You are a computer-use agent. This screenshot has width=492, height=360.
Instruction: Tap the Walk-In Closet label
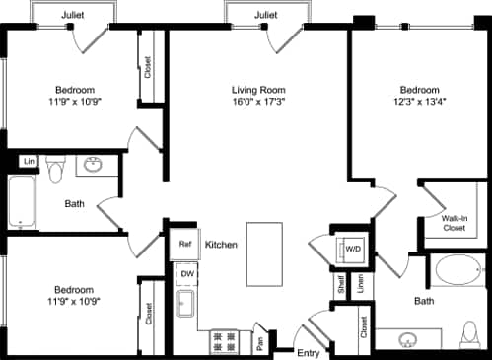pyautogui.click(x=453, y=222)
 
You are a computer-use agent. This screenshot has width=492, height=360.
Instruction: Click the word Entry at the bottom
pyautogui.click(x=309, y=351)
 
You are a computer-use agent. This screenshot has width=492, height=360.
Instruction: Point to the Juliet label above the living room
pyautogui.click(x=264, y=16)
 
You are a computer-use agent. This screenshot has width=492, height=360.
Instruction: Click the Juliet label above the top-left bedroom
pyautogui.click(x=72, y=16)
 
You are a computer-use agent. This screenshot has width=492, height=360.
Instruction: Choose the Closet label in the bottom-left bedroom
pyautogui.click(x=148, y=315)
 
